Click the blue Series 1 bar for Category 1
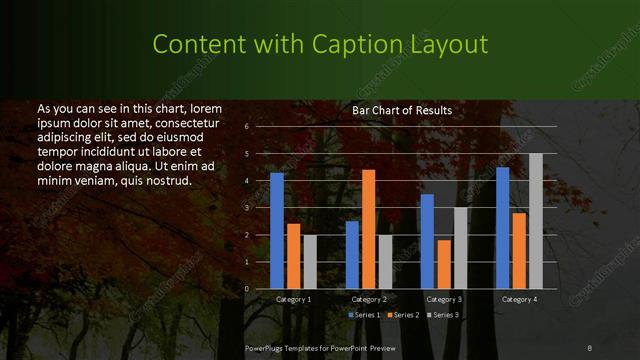click(x=277, y=231)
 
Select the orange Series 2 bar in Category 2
click(x=368, y=229)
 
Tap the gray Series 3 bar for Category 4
click(x=535, y=221)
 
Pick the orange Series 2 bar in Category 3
click(x=444, y=264)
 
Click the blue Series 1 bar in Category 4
click(x=503, y=228)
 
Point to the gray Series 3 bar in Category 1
click(x=310, y=262)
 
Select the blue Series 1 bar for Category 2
click(x=352, y=255)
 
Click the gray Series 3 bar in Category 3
click(x=460, y=248)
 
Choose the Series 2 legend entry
click(x=404, y=315)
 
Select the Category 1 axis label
click(x=294, y=299)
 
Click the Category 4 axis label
click(x=519, y=299)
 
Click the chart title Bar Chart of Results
click(x=402, y=110)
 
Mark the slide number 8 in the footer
click(x=589, y=347)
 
